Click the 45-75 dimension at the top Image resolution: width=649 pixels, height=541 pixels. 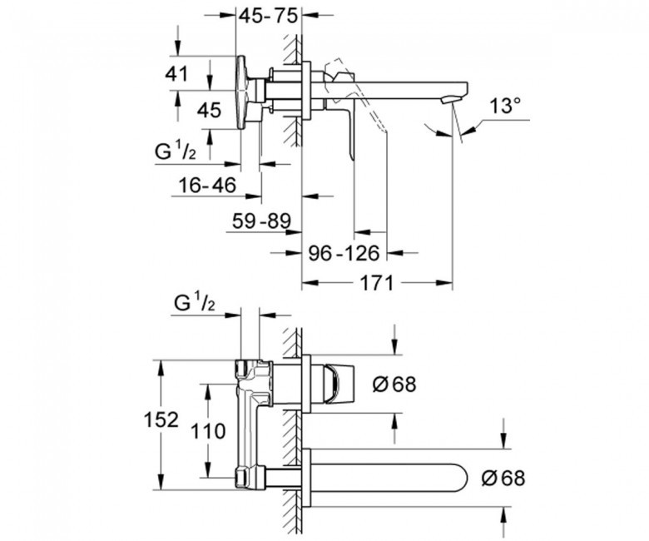point(269,16)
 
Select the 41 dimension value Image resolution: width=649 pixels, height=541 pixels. point(176,74)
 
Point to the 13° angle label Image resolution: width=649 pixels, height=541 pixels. point(505,106)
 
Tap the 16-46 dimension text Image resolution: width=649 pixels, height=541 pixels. point(207,185)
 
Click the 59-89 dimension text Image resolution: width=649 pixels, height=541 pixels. point(261,221)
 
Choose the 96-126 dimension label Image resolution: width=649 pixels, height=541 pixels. point(344,253)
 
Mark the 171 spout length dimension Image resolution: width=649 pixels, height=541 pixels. point(376,284)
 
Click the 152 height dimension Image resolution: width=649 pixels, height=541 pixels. point(161,419)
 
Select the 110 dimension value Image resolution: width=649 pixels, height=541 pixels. point(208,431)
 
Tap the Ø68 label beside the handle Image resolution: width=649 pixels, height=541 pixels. point(394,385)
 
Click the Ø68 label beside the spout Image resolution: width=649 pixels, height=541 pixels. point(503,479)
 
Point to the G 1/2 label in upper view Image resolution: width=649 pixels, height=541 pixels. point(175,152)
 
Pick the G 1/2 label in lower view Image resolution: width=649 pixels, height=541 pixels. point(195,303)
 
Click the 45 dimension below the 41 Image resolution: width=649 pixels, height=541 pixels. point(209,111)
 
